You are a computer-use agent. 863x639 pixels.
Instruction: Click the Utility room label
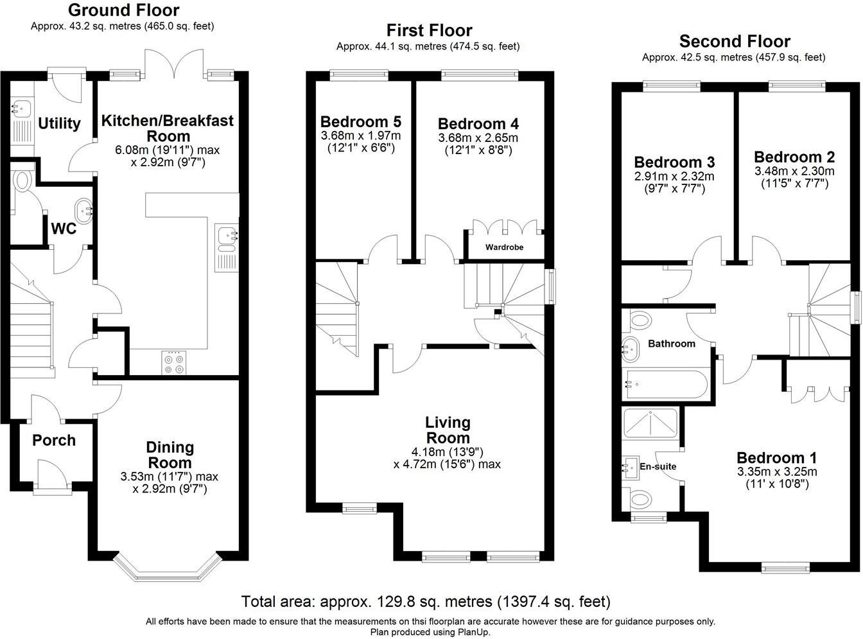(59, 123)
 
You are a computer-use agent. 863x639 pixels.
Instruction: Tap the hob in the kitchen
(174, 363)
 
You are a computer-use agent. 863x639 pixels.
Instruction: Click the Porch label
(54, 440)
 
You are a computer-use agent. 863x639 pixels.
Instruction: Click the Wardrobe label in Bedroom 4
(504, 247)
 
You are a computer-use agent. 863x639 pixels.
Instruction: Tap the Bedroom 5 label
(361, 122)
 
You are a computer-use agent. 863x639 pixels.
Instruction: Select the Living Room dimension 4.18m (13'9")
(448, 452)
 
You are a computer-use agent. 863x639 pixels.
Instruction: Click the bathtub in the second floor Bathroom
(666, 385)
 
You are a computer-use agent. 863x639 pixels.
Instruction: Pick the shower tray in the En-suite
(650, 423)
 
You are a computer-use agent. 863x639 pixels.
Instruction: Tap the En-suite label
(658, 466)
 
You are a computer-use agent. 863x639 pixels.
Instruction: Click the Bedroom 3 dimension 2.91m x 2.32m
(674, 177)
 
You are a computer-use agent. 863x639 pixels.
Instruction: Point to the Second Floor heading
(735, 41)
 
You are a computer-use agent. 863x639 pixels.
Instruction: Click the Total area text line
(426, 602)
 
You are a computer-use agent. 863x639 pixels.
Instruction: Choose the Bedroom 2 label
(794, 157)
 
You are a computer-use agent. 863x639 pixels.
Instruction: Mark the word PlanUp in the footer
(473, 632)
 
